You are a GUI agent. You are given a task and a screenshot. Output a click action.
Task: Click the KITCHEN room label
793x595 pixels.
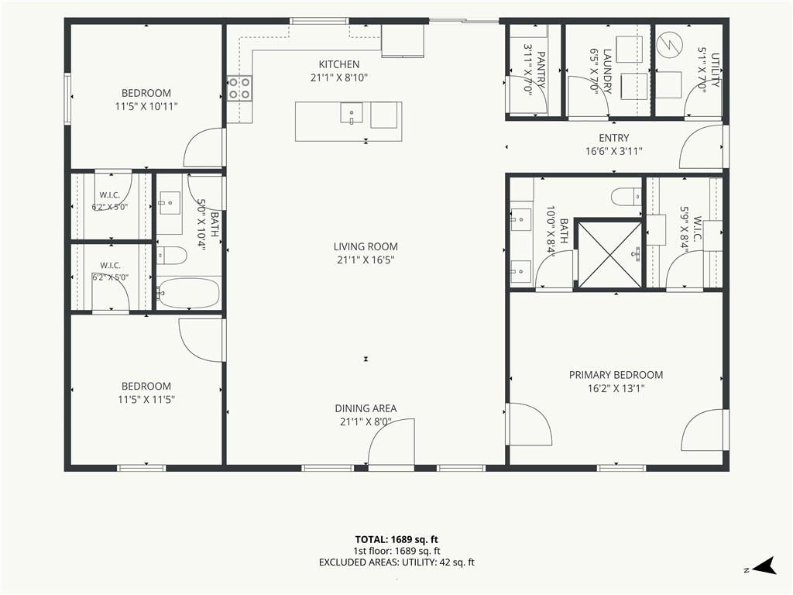pos(339,64)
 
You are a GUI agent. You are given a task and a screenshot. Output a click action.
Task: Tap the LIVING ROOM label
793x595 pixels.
pos(366,246)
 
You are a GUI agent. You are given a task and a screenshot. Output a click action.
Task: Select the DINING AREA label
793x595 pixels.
pos(366,408)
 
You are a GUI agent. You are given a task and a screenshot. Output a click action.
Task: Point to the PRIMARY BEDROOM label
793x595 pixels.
pos(616,375)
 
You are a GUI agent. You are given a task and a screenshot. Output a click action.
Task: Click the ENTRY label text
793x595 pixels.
pos(614,138)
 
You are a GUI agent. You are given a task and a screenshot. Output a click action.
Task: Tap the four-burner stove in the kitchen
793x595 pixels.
pos(239,88)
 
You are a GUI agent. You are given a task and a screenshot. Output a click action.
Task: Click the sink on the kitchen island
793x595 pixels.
pos(352,113)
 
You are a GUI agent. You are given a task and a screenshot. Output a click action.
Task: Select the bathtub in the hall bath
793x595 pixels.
pos(188,293)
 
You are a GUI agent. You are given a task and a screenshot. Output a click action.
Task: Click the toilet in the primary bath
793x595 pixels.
pos(626,197)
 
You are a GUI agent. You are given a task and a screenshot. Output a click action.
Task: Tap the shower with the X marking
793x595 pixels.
pos(609,254)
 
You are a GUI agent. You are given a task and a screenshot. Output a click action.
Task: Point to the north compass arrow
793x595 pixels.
pos(764,566)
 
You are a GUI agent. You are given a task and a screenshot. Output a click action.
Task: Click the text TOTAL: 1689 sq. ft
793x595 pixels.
pos(396,539)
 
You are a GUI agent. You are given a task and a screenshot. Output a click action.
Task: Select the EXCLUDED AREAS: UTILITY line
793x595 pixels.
pos(396,562)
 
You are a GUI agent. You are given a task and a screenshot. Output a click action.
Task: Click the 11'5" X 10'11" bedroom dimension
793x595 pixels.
pos(146,106)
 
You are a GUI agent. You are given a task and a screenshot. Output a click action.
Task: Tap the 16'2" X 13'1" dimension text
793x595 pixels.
pos(616,389)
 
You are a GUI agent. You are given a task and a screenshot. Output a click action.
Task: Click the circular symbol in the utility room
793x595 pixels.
pos(668,45)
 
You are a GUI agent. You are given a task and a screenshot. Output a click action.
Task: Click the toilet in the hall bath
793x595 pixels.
pos(171,256)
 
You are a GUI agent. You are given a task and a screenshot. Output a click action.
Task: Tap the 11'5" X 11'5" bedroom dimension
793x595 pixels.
pos(146,399)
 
